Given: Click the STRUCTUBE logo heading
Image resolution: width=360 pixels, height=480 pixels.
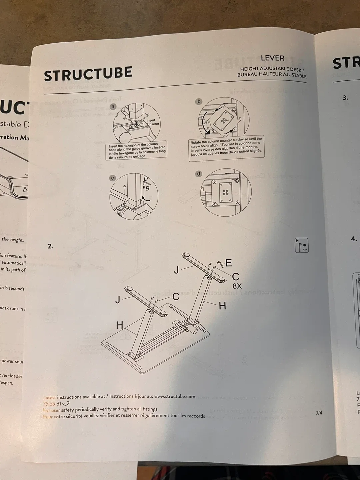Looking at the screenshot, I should pos(88,74).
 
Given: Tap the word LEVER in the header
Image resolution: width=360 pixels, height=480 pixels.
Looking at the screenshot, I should pos(272,58).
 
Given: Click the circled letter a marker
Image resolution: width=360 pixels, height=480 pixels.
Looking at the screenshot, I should pos(113,107).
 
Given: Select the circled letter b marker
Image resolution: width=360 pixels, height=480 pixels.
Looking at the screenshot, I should pos(199,101).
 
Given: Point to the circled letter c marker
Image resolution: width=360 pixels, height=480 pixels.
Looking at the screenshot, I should pos(112,178).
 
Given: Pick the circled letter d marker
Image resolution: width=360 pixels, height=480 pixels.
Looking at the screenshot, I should pos(199,174).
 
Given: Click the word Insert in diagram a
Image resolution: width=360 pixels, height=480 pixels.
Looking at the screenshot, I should pos(151,120).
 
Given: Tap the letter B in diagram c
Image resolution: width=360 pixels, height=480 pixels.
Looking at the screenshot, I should pos(147,189).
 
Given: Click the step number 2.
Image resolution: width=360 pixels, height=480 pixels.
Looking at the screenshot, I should pos(50,246).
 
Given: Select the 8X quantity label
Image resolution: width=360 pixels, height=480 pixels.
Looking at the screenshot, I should pos(237,286).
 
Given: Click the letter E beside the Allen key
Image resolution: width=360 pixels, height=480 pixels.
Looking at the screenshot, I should pos(229,263).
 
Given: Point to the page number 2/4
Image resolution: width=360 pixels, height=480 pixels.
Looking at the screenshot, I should pos(319,413).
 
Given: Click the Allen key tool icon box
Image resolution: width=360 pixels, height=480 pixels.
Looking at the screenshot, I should pos(302,245).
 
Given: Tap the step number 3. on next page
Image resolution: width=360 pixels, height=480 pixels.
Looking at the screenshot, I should pos(345,98).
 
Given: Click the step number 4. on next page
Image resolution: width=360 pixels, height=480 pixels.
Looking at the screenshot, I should pos(354,239).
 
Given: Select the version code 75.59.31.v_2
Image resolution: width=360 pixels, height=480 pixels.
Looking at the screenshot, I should pos(56,403).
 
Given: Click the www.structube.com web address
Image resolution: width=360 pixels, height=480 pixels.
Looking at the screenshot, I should pos(175,396).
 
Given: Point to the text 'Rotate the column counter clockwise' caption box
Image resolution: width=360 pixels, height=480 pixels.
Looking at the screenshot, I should pos(226,147).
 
